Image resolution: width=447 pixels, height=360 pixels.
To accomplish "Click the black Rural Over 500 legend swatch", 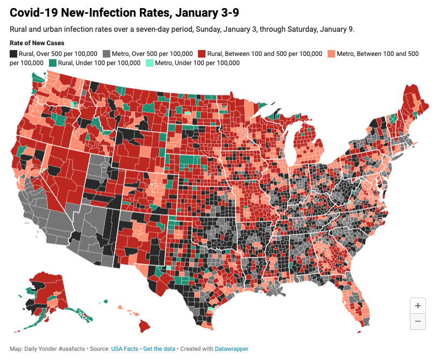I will point(13,54).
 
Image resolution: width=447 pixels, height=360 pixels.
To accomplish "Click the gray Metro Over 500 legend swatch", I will point(107,54).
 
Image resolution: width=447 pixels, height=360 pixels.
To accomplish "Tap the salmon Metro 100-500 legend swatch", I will point(331,54).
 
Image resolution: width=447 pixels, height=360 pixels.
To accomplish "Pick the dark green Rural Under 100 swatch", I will point(53,63).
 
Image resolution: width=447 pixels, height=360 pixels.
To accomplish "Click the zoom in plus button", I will point(417,306).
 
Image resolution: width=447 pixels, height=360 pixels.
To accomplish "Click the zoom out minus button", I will point(417,321).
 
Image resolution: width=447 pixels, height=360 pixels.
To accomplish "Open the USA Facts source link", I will point(125,349).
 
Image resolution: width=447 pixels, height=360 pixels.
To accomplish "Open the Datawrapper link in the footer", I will point(231,349).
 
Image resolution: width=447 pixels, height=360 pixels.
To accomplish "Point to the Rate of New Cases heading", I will point(37,43).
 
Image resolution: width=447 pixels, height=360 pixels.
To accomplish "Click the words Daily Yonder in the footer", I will point(36,349).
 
